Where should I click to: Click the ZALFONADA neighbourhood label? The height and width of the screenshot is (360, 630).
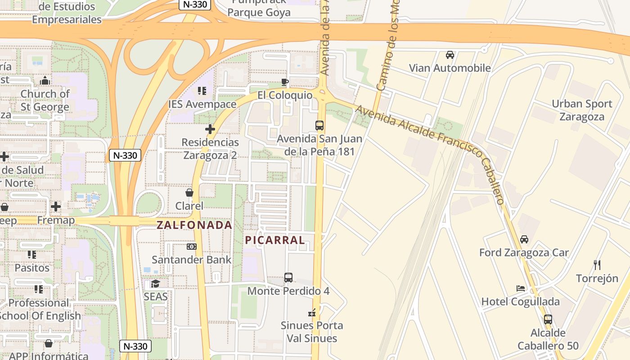(x=194, y=225)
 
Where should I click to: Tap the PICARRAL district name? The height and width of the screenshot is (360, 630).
(x=275, y=240)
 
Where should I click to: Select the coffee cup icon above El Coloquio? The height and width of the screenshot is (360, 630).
(x=284, y=81)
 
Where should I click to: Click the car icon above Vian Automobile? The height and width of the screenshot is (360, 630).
(x=450, y=55)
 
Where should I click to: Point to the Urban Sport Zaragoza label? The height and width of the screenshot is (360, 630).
(x=582, y=110)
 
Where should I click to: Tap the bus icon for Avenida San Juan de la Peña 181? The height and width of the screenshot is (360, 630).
(x=319, y=126)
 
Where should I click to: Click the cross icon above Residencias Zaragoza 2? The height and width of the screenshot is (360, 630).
(x=210, y=130)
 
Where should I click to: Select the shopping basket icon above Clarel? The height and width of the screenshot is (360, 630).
(x=189, y=193)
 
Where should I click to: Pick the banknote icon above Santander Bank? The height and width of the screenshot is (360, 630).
(x=192, y=247)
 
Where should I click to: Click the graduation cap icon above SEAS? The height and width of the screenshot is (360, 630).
(x=155, y=283)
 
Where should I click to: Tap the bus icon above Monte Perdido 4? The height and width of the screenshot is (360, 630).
(x=288, y=278)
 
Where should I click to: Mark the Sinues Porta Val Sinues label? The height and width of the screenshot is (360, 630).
(x=312, y=332)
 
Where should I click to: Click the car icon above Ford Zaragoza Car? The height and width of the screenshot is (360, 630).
(x=524, y=239)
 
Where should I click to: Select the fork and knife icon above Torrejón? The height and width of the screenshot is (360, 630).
(x=597, y=265)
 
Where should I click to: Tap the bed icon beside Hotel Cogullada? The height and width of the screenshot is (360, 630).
(x=521, y=288)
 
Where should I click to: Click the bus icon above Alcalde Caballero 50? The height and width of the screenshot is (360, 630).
(x=548, y=319)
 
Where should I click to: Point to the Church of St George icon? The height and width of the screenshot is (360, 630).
(x=45, y=81)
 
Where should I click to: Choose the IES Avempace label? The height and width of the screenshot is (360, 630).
(x=202, y=104)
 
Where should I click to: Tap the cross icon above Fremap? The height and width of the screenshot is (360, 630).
(x=56, y=207)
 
